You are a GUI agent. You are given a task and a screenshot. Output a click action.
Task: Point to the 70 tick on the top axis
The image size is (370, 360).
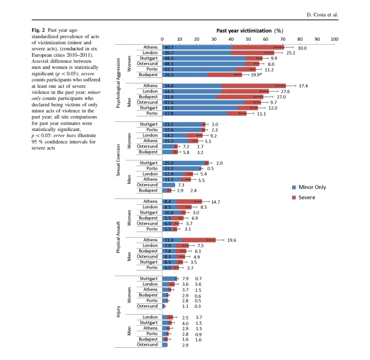283,39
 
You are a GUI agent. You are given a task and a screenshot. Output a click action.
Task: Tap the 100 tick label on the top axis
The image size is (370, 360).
334,39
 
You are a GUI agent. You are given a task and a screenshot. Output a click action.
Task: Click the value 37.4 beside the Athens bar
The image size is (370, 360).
303,86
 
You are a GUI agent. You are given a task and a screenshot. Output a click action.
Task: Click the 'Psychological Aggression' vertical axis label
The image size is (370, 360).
118,78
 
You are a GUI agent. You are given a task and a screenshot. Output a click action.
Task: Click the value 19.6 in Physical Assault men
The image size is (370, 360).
232,240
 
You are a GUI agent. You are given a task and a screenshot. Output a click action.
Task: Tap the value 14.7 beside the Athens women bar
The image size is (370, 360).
215,202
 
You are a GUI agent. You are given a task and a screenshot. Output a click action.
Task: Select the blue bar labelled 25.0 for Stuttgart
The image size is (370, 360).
183,163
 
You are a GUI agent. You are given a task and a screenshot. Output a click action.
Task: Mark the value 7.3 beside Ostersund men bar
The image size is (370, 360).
182,185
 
